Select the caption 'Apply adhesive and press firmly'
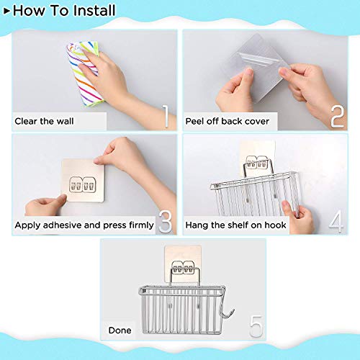[x=84, y=225]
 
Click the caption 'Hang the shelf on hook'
[x=236, y=225]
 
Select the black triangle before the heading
[x=6, y=10]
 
